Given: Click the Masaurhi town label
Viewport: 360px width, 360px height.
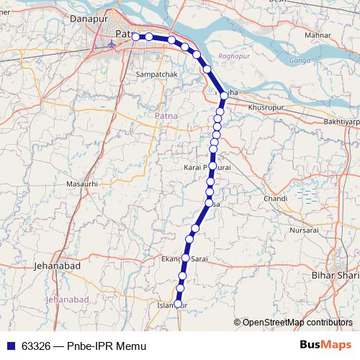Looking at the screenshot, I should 81,185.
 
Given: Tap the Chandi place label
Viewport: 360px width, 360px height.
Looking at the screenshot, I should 276,198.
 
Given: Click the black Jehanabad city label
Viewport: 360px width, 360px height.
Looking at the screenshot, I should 58,266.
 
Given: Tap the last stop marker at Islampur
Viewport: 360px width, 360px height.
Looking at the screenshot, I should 179,304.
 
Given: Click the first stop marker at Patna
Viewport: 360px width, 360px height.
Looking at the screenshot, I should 135,37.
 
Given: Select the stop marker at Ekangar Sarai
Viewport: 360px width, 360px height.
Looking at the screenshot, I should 186,258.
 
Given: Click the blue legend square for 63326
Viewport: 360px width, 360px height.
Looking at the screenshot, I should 10,346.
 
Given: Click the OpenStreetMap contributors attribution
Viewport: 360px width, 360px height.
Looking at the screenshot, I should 297,322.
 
